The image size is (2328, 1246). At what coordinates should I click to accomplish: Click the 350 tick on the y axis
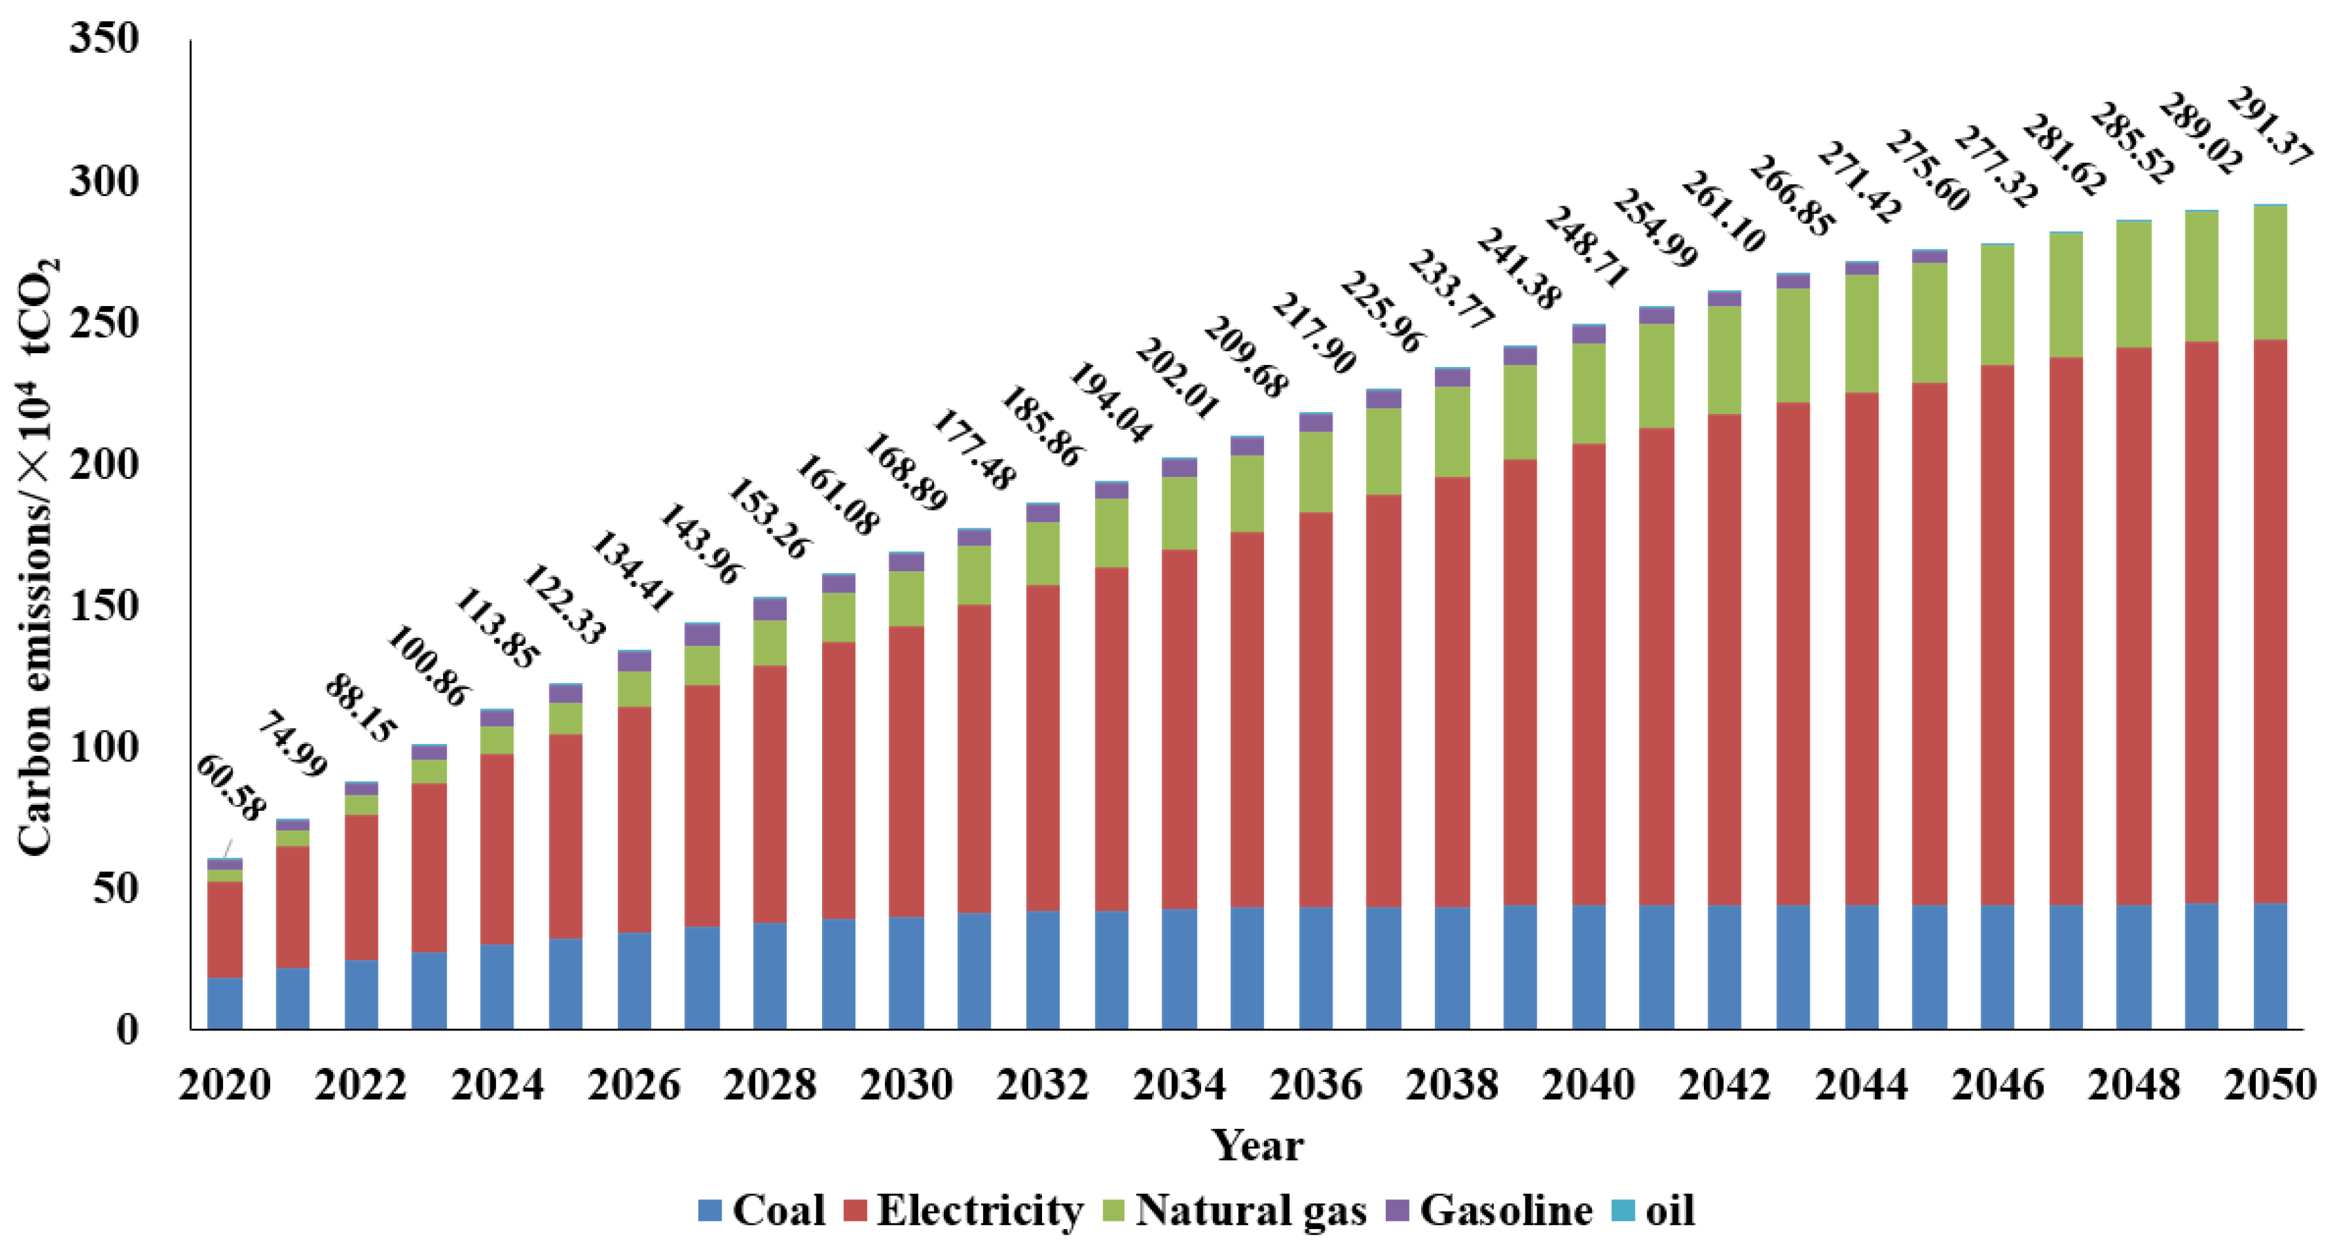click(x=104, y=39)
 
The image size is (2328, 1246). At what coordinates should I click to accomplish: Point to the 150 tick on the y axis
click(x=104, y=605)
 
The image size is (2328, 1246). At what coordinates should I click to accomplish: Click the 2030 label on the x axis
click(x=906, y=1085)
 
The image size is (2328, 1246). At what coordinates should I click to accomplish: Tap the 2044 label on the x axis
click(x=1861, y=1085)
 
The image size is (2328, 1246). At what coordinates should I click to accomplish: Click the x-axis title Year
click(x=1256, y=1145)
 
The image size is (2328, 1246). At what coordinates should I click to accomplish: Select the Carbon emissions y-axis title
click(x=36, y=555)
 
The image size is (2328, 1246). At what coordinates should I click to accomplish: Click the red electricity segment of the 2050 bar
click(x=2270, y=623)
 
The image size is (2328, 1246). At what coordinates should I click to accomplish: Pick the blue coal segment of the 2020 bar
click(x=224, y=1003)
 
